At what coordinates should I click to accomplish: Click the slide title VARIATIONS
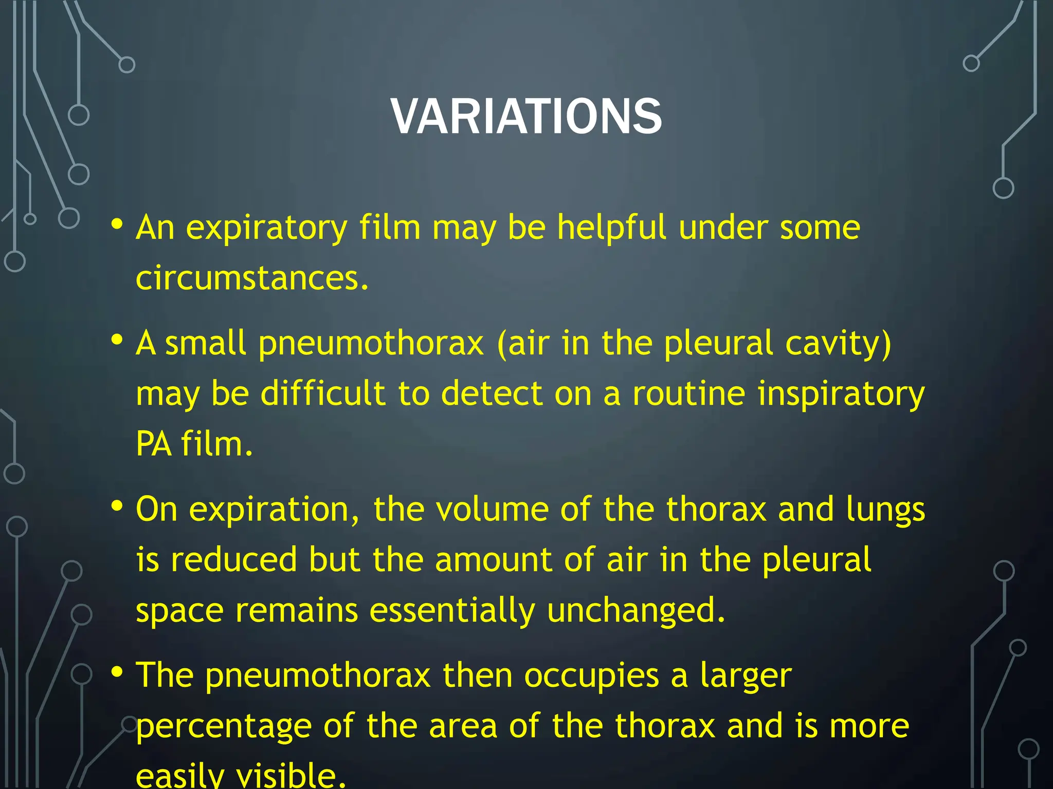click(526, 117)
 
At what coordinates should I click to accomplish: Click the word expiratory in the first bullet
click(267, 228)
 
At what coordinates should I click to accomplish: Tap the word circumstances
click(252, 278)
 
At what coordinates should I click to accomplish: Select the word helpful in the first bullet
click(611, 228)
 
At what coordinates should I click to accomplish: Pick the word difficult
click(323, 394)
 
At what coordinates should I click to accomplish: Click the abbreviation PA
click(153, 444)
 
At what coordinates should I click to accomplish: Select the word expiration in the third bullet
click(274, 510)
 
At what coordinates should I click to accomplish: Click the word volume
click(492, 510)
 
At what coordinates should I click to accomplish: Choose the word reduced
click(234, 560)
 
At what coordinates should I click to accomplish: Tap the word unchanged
click(636, 611)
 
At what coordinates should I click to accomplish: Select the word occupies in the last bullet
click(591, 676)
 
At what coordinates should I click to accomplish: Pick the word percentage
click(224, 727)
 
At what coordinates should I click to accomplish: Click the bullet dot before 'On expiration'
click(117, 506)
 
